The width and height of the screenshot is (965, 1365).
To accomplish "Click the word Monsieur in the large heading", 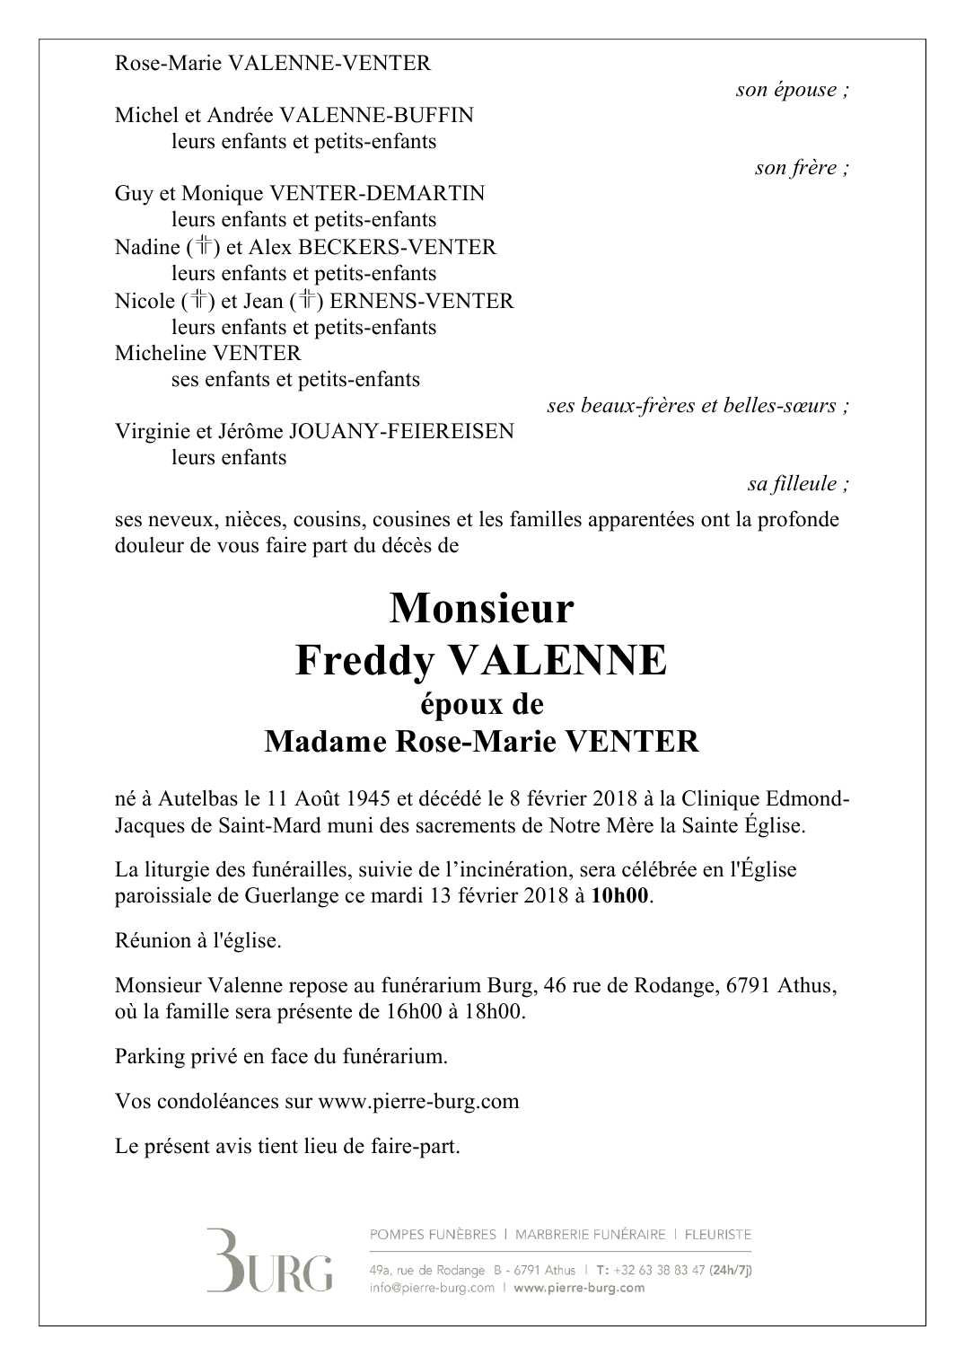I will pos(481,609).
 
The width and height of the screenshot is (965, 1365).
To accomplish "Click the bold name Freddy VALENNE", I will pos(481,661).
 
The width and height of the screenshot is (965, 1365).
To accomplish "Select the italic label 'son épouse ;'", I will pos(792,90).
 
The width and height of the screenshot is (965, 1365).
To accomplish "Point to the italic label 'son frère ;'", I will pos(802,168).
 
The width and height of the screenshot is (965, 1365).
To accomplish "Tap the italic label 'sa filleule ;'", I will pos(798,484).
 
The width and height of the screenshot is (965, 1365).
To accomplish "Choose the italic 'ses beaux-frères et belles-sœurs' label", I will pos(697,406).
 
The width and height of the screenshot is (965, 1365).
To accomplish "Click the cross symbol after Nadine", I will pos(205,247).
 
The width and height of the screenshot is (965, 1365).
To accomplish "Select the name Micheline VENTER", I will pos(208,353).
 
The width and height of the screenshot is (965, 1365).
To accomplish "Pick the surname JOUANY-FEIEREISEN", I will pos(401,431).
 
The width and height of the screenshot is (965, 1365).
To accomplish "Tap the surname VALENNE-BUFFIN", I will pos(376,116).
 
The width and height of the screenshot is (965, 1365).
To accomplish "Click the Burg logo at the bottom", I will pos(268,1260).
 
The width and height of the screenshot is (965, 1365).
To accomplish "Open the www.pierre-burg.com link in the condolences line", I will pos(418,1101).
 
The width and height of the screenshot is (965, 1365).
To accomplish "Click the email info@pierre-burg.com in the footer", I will pos(432,1288).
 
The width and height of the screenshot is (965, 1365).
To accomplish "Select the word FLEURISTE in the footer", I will pos(717,1235).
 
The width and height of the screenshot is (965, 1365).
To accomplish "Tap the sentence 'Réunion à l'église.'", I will pos(197,941).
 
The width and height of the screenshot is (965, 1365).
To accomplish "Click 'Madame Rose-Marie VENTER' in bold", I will pos(481,742).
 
